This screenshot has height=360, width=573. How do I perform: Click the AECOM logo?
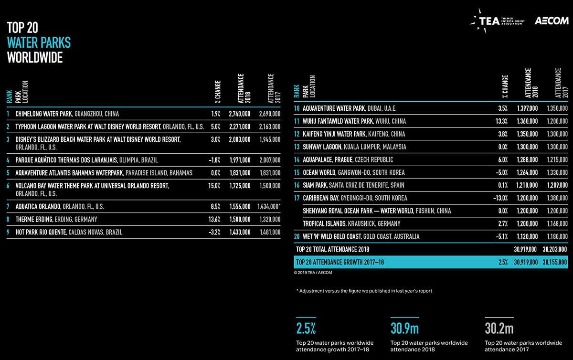[x=551, y=21]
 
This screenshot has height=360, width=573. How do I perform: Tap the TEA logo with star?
[x=497, y=21]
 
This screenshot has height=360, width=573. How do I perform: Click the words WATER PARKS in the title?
[x=39, y=42]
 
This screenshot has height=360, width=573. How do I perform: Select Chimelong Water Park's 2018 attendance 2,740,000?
[x=239, y=114]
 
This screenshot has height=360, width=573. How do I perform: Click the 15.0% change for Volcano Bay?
[x=214, y=186]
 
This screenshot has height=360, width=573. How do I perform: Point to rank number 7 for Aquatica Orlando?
[x=8, y=206]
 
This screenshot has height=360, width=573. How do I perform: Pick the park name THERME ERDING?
[x=34, y=219]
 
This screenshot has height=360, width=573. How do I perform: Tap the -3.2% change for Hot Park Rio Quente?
[x=214, y=232]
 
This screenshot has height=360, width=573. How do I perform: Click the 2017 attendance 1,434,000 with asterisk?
[x=269, y=206]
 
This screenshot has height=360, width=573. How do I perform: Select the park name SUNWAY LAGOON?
[x=322, y=147]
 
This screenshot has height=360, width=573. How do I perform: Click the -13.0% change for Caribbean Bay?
[x=500, y=198]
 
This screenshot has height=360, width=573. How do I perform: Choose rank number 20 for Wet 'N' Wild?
[x=297, y=236]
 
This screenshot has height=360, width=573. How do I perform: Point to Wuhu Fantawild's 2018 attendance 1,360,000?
[x=527, y=121]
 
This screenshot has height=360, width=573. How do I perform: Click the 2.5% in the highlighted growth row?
[x=503, y=262]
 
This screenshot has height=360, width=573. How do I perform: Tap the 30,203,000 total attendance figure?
[x=554, y=249]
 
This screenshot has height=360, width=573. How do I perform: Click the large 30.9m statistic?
[x=405, y=328]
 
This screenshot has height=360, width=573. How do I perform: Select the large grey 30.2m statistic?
[x=499, y=328]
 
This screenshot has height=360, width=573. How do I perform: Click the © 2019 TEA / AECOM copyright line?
[x=313, y=273]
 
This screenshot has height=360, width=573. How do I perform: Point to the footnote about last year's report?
[x=364, y=291]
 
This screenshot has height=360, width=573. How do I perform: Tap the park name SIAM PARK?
[x=315, y=185]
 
